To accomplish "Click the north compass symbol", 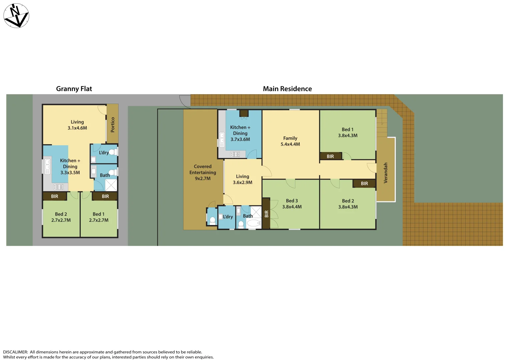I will pyautogui.click(x=16, y=16).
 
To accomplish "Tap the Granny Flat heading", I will pyautogui.click(x=74, y=89).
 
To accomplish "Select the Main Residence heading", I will pyautogui.click(x=287, y=89).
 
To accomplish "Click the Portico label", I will pyautogui.click(x=113, y=124).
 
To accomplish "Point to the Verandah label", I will pyautogui.click(x=386, y=173).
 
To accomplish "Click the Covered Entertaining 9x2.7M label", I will pyautogui.click(x=203, y=172).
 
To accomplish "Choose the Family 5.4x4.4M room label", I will pyautogui.click(x=290, y=141).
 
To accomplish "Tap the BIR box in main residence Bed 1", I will pyautogui.click(x=330, y=156).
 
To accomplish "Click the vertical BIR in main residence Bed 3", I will pyautogui.click(x=266, y=214).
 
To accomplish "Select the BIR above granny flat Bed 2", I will pyautogui.click(x=55, y=196).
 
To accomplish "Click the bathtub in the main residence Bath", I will pyautogui.click(x=254, y=223).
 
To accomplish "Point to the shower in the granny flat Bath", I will pyautogui.click(x=111, y=185).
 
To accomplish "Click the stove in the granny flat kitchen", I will pyautogui.click(x=58, y=187).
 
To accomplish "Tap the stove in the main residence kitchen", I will pyautogui.click(x=235, y=154).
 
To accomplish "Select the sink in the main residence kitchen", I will pyautogui.click(x=222, y=140).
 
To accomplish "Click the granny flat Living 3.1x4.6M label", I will pyautogui.click(x=77, y=125).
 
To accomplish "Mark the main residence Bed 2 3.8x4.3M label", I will pyautogui.click(x=348, y=204).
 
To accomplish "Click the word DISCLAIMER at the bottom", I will pyautogui.click(x=15, y=352).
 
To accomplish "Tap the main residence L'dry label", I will pyautogui.click(x=228, y=217).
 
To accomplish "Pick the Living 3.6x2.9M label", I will pyautogui.click(x=242, y=179).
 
